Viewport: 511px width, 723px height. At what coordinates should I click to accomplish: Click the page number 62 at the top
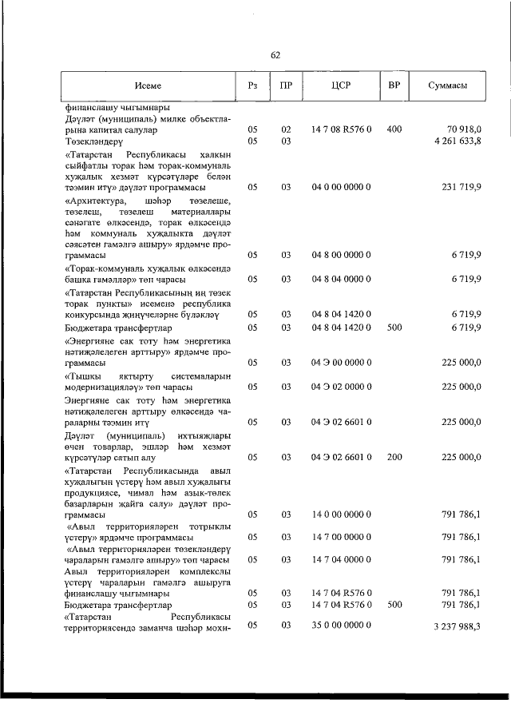click(275, 55)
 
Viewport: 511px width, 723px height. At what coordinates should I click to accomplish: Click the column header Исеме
click(148, 85)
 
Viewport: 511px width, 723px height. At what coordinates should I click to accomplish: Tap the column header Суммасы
click(447, 85)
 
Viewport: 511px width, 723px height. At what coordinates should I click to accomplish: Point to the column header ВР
click(393, 85)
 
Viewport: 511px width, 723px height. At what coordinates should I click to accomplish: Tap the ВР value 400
click(394, 129)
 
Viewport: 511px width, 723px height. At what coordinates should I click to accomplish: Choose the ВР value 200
click(394, 458)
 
